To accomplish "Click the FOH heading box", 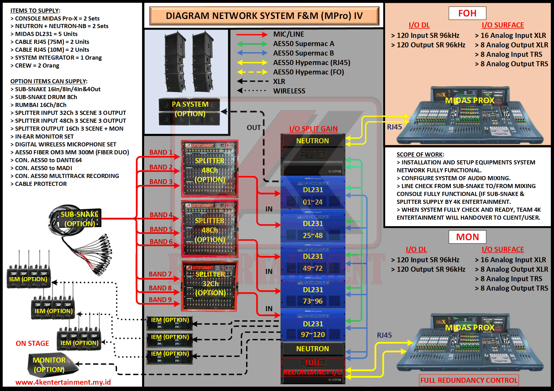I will click(467, 13).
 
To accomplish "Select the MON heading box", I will click(467, 237).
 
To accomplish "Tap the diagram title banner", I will click(264, 16).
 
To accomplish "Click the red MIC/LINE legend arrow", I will click(252, 34).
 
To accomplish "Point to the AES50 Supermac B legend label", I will click(303, 53).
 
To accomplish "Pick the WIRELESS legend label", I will click(289, 91).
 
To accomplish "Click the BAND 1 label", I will click(161, 152).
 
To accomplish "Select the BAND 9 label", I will click(160, 300).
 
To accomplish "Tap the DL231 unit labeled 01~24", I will click(313, 193).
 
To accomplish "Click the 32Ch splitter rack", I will click(210, 286).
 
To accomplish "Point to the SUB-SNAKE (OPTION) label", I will click(79, 219).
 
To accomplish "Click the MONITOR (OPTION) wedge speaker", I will click(50, 365).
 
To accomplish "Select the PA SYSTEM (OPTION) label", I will click(190, 109).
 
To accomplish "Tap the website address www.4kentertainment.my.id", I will click(63, 382).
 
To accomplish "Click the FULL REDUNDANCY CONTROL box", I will click(469, 380).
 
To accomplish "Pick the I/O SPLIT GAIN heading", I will click(313, 129).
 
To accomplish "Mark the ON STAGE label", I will click(32, 343).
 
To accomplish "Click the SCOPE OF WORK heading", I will click(420, 155).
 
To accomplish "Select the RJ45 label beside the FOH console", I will click(394, 127).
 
